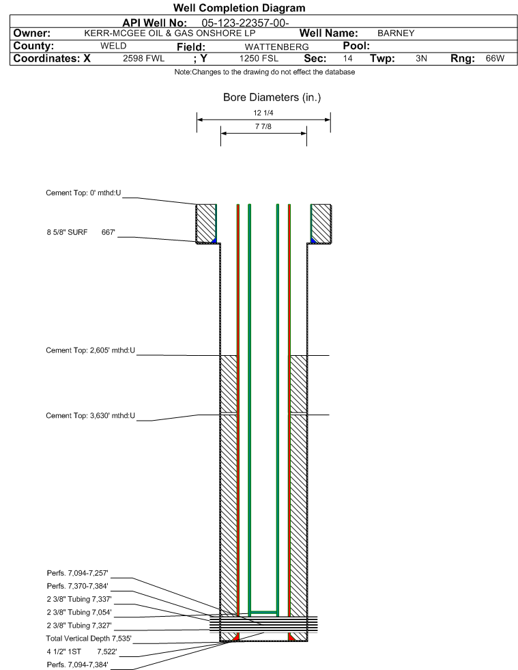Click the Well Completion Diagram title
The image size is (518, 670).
click(239, 8)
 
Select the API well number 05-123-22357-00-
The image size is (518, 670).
click(245, 23)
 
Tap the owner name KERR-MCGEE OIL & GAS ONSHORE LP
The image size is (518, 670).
click(170, 33)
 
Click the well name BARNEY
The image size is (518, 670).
click(396, 33)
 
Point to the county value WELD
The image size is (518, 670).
click(113, 46)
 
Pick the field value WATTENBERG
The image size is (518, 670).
click(276, 46)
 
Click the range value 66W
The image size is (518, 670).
click(495, 58)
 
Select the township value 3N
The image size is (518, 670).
click(421, 58)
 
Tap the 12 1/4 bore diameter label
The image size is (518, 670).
click(263, 113)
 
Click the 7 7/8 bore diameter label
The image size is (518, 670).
click(263, 126)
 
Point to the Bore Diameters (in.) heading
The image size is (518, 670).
click(272, 98)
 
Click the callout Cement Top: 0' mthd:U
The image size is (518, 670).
click(83, 193)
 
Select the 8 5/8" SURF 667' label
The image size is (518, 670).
click(81, 232)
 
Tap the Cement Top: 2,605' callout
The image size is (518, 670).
click(90, 350)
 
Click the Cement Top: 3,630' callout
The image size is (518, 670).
click(90, 415)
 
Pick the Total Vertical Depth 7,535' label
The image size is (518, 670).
click(89, 639)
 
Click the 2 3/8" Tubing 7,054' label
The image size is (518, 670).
click(79, 613)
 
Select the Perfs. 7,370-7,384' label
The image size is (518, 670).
click(77, 586)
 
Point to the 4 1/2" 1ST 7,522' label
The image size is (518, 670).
click(82, 652)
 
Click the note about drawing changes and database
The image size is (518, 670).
click(264, 72)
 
